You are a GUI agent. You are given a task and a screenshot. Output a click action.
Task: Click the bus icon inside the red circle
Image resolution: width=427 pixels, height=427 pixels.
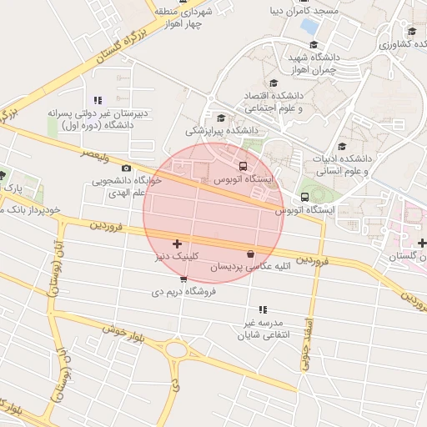pos(243,166)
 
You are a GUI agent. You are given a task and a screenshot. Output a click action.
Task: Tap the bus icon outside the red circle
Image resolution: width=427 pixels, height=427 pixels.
pos(304,198)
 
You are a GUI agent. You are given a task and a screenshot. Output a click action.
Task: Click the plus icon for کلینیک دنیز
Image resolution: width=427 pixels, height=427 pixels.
pos(176,244)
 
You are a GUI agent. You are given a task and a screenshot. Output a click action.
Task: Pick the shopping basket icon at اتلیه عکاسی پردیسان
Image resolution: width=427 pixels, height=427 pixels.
pos(250,254)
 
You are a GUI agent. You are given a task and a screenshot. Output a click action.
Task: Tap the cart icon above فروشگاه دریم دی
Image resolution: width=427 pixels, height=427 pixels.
pos(183,279)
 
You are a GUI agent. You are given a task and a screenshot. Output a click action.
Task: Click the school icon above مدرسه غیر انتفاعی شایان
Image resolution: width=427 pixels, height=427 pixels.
pos(263,309)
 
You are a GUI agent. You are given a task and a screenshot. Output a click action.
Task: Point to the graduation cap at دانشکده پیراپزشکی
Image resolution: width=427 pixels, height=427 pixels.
pos(221,118)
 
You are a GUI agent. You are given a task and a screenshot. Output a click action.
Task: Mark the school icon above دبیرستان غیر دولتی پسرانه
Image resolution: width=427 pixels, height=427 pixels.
pos(98,100)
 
